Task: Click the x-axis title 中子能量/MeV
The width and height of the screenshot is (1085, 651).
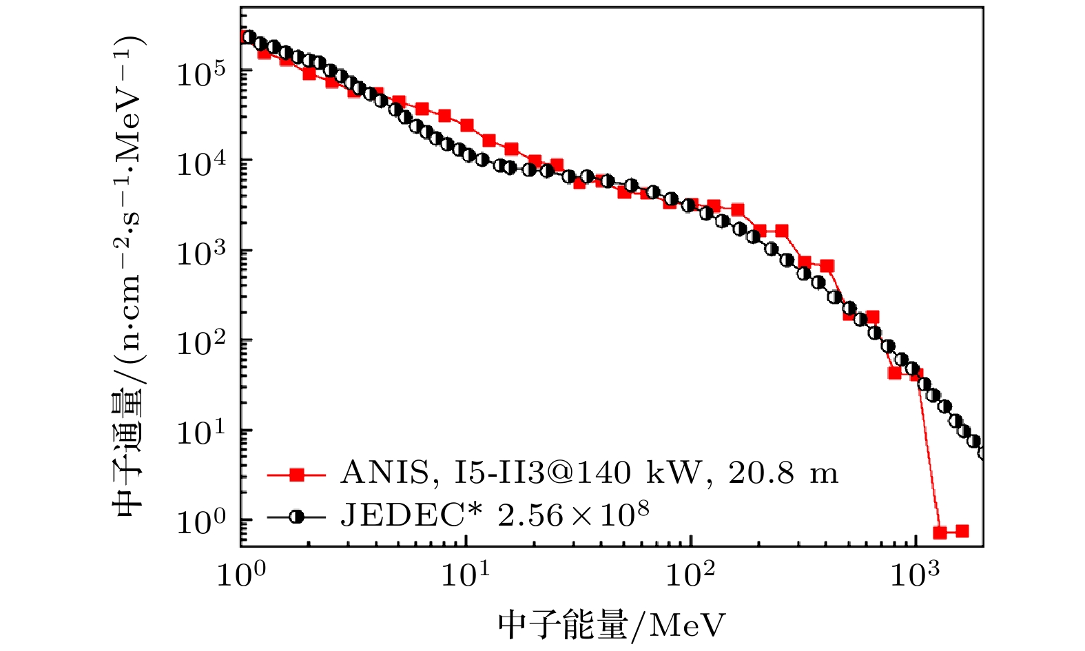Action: point(612,626)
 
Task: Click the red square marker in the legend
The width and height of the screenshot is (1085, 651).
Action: point(296,474)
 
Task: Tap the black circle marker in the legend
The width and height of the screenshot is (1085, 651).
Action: point(296,516)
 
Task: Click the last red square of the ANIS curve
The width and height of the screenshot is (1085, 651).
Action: point(962,531)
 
